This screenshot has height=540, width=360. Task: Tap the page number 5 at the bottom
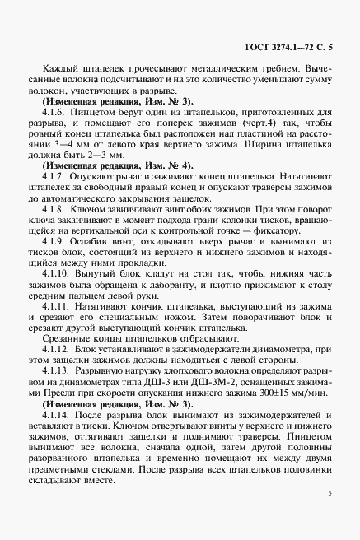[329, 494]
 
